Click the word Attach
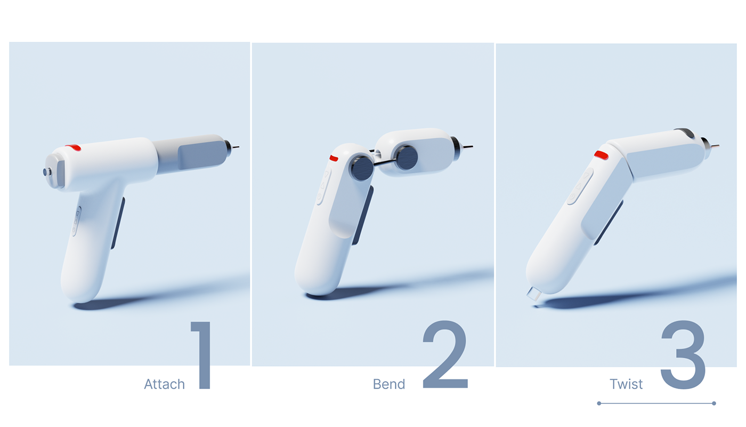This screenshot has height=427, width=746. tap(164, 384)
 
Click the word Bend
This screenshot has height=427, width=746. tap(389, 384)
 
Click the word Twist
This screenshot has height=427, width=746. tap(626, 384)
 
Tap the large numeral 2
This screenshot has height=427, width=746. tap(445, 355)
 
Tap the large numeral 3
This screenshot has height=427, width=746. tap(684, 355)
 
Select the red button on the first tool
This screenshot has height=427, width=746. tap(73, 147)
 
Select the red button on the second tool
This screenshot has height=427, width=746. tap(334, 158)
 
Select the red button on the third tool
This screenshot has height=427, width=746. tap(601, 155)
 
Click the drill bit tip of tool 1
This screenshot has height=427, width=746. tap(237, 147)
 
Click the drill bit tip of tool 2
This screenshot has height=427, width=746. tap(470, 147)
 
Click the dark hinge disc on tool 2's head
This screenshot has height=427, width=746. tap(408, 158)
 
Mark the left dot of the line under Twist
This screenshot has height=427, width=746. tap(599, 404)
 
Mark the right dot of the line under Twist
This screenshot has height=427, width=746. tap(714, 404)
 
